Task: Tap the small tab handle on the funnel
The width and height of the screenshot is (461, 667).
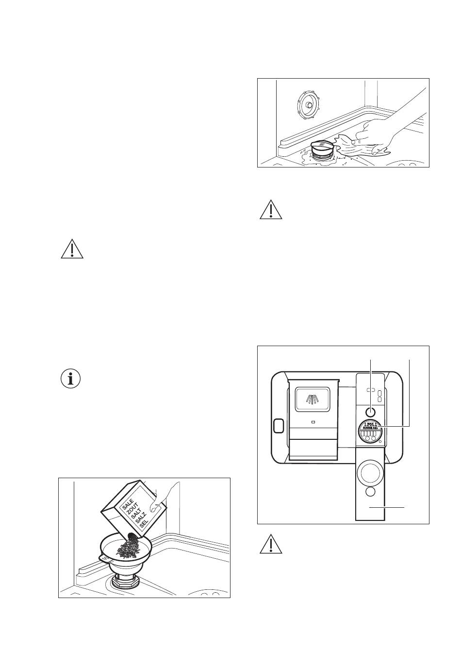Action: point(104,559)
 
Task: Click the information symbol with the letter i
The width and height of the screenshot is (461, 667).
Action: point(71,379)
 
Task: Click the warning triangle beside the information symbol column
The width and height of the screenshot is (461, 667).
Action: point(72,249)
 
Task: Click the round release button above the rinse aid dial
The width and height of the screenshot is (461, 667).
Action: point(371,411)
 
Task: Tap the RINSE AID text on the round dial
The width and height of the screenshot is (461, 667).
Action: point(371,428)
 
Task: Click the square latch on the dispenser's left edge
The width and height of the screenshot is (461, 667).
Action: point(279,426)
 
